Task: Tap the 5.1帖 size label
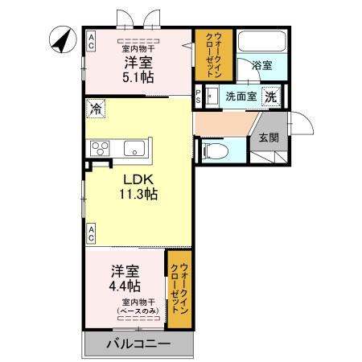pyautogui.click(x=138, y=77)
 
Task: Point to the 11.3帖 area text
pyautogui.click(x=138, y=195)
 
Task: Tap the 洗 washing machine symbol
pyautogui.click(x=271, y=97)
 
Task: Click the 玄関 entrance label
pyautogui.click(x=269, y=138)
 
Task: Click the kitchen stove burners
pyautogui.click(x=102, y=148)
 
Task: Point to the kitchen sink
pyautogui.click(x=134, y=148)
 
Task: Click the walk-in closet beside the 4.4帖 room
pyautogui.click(x=179, y=290)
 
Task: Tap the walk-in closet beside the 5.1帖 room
pyautogui.click(x=213, y=53)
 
